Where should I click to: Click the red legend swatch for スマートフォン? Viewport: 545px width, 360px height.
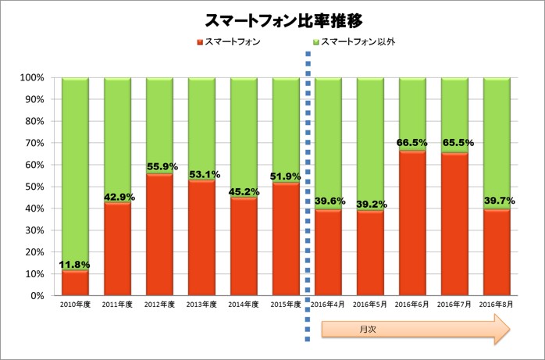point(199,41)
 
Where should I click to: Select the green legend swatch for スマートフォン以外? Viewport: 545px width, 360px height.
point(315,41)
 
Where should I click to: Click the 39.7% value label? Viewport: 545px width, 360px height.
point(497,203)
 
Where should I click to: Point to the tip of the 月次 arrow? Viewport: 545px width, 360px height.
point(510,330)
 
